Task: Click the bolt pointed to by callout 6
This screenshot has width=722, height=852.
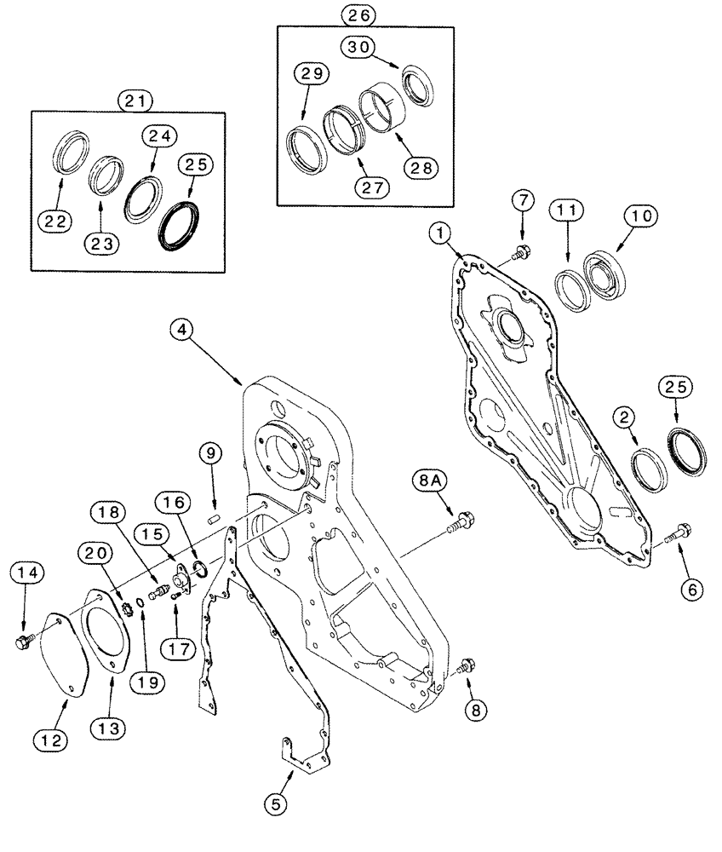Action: (x=673, y=534)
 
